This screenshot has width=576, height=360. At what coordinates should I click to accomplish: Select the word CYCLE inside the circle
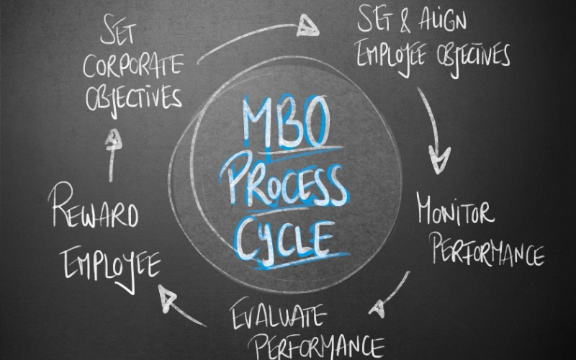(x=284, y=240)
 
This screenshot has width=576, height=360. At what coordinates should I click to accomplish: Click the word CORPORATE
(x=133, y=66)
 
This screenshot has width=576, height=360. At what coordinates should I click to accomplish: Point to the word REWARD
(x=94, y=205)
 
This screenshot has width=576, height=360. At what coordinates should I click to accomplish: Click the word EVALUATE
(x=278, y=314)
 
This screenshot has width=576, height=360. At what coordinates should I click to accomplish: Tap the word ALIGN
(x=443, y=19)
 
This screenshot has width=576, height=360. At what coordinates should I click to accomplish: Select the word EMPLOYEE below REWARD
(x=111, y=267)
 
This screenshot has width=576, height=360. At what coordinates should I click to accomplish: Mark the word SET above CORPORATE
(x=118, y=29)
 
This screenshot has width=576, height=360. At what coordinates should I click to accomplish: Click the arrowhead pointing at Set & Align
(x=307, y=26)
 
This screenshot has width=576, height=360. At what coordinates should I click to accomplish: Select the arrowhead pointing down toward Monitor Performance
(x=438, y=160)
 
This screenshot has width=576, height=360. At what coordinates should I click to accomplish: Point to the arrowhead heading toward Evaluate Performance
(x=377, y=309)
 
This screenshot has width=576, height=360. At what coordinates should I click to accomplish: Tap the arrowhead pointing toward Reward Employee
(x=166, y=297)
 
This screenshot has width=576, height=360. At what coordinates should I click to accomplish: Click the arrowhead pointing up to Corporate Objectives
(x=113, y=140)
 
